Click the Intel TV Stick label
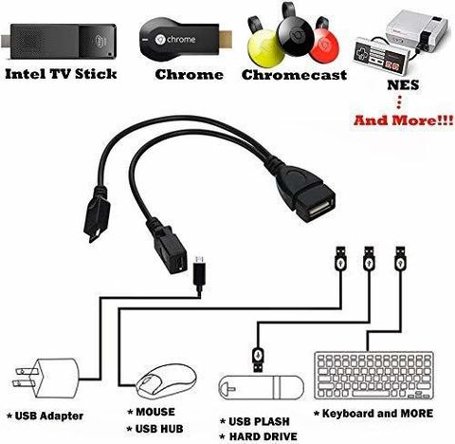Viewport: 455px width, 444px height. click(x=61, y=74)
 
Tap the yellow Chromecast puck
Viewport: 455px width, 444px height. click(x=265, y=48)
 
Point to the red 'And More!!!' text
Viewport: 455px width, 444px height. click(x=403, y=120)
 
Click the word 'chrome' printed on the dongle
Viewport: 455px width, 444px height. click(x=181, y=40)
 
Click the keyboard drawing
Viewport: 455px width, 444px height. click(x=373, y=375)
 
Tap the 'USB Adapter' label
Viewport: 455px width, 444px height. click(x=45, y=416)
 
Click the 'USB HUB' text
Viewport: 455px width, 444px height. click(x=155, y=429)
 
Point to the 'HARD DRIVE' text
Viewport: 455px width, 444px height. click(x=259, y=436)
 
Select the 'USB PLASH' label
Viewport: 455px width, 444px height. click(x=255, y=421)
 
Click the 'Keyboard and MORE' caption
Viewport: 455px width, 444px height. click(x=373, y=414)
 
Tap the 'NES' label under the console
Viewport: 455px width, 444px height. click(x=403, y=85)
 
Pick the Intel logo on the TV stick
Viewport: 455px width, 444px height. click(x=100, y=40)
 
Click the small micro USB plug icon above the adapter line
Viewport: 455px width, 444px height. click(x=199, y=272)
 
